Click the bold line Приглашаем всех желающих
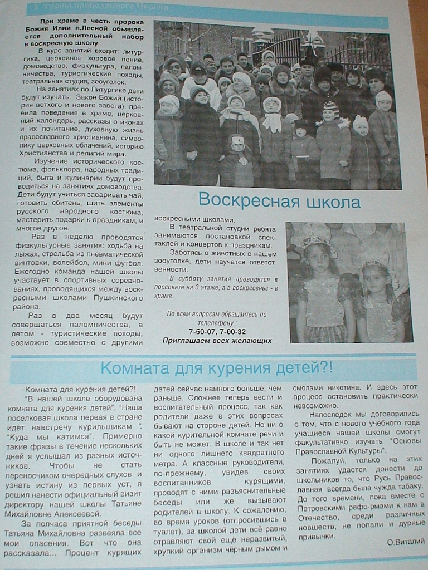point(217,340)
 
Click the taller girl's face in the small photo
point(318,257)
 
